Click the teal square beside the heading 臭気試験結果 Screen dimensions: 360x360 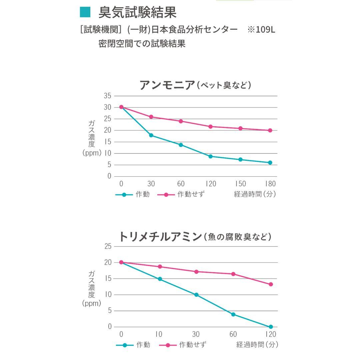pyautogui.click(x=85, y=12)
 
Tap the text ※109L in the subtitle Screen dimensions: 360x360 pyautogui.click(x=261, y=30)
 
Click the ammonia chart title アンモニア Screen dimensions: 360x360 pyautogui.click(x=167, y=85)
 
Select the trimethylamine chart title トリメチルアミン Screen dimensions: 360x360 pyautogui.click(x=160, y=237)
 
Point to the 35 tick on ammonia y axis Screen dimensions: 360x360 pyautogui.click(x=107, y=96)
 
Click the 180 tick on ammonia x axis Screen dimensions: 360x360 pyautogui.click(x=270, y=184)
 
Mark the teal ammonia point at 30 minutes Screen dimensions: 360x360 pyautogui.click(x=151, y=135)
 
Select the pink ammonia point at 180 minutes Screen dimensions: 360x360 pyautogui.click(x=270, y=130)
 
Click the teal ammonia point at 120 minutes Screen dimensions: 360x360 pyautogui.click(x=210, y=156)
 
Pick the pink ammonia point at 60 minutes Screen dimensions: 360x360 pyautogui.click(x=181, y=121)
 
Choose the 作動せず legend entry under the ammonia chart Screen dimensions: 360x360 pyautogui.click(x=180, y=195)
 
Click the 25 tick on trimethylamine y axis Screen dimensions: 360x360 pyautogui.click(x=107, y=246)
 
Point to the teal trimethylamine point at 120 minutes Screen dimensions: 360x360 pyautogui.click(x=271, y=327)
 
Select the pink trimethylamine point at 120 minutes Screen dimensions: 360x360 pyautogui.click(x=271, y=284)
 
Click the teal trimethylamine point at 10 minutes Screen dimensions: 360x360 pyautogui.click(x=160, y=279)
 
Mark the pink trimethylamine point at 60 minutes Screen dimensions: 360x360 pyautogui.click(x=233, y=274)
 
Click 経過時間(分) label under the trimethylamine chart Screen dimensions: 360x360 pyautogui.click(x=257, y=345)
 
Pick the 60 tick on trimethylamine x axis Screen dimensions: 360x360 pyautogui.click(x=233, y=334)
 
